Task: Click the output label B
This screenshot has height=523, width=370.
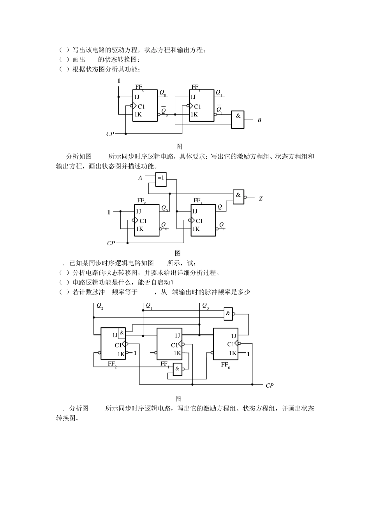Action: point(259,120)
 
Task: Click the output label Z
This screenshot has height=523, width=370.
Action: point(261,199)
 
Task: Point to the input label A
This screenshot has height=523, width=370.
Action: point(140,178)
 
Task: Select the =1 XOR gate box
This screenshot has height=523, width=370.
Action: point(161,179)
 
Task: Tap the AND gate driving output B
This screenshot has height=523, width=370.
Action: point(238,120)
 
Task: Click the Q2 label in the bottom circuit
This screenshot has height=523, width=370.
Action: point(100,306)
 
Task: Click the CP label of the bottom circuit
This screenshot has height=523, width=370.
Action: point(270,385)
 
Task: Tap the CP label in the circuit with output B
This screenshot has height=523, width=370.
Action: point(110,134)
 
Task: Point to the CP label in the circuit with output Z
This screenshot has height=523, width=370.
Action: point(111,243)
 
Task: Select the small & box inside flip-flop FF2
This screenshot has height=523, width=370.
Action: point(122,333)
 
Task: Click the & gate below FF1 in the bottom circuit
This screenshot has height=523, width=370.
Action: point(178,369)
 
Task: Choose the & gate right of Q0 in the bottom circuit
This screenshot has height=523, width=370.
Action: point(228,314)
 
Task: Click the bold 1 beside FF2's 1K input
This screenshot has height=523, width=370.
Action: point(135,353)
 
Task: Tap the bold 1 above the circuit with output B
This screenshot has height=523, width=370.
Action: point(119,81)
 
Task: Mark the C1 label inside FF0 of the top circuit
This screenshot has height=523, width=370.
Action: point(141,106)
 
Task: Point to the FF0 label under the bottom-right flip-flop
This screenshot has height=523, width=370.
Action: point(226,365)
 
